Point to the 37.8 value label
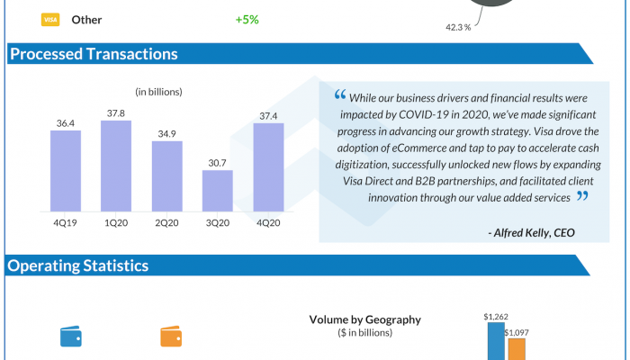tap(115, 113)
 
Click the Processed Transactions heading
tap(94, 54)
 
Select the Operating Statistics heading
tap(79, 265)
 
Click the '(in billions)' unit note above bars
tap(159, 92)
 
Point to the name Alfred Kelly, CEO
tap(531, 233)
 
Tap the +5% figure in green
tap(247, 19)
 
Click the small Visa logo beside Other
tap(51, 19)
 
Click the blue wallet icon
tap(71, 337)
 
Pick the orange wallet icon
tap(172, 337)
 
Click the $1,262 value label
tap(496, 317)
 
